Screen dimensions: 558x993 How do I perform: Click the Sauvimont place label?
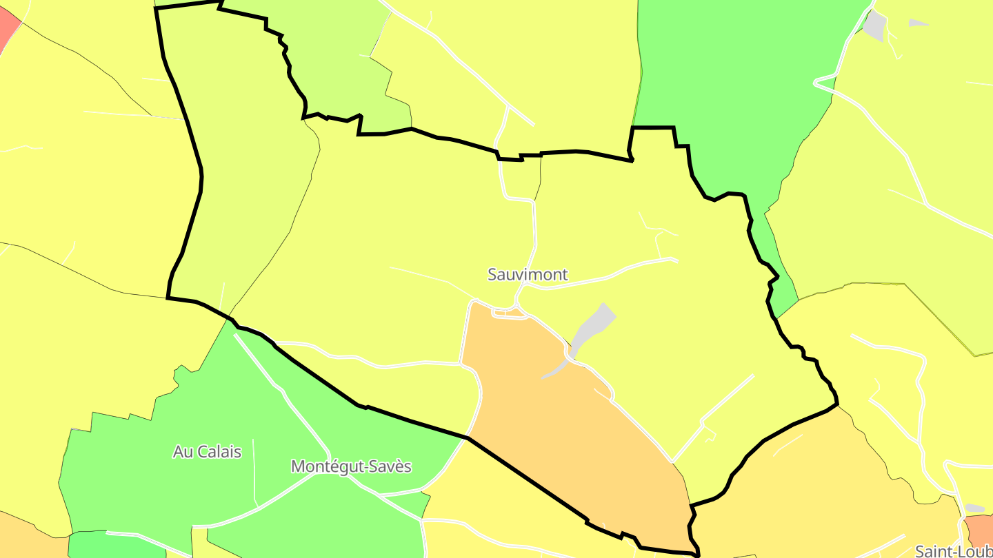pyautogui.click(x=528, y=274)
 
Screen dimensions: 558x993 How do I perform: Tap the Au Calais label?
pyautogui.click(x=207, y=452)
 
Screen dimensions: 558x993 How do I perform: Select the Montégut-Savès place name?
pyautogui.click(x=351, y=466)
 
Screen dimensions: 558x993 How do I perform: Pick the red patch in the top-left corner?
pyautogui.click(x=7, y=28)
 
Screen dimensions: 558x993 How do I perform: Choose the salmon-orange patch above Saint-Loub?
pyautogui.click(x=979, y=530)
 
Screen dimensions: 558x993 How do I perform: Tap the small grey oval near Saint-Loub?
pyautogui.click(x=974, y=508)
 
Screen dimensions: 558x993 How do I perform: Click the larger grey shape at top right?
pyautogui.click(x=875, y=25)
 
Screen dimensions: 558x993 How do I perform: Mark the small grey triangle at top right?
pyautogui.click(x=918, y=23)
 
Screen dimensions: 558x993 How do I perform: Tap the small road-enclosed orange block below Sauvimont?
pyautogui.click(x=510, y=313)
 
